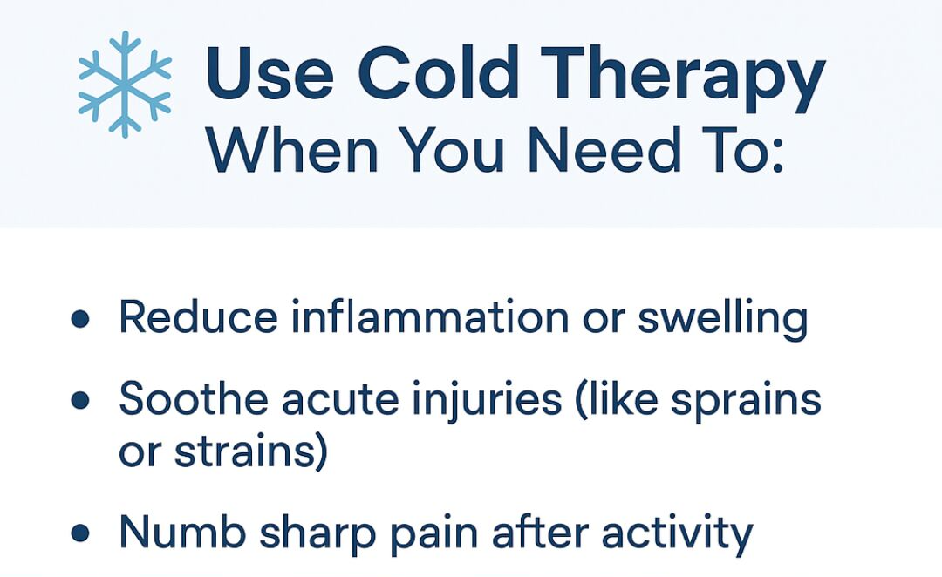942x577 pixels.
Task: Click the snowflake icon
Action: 125,84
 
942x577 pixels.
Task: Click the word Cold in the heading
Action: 438,72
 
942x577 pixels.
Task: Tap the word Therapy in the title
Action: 683,78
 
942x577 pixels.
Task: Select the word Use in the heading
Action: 270,72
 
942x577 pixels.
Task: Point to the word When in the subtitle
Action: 292,150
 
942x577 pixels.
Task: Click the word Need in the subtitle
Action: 604,150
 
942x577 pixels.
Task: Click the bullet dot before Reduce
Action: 80,319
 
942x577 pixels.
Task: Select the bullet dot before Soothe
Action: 80,400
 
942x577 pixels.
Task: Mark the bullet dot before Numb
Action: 80,533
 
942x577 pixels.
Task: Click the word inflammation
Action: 430,316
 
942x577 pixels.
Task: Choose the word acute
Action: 341,399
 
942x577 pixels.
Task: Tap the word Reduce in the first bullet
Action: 198,316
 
